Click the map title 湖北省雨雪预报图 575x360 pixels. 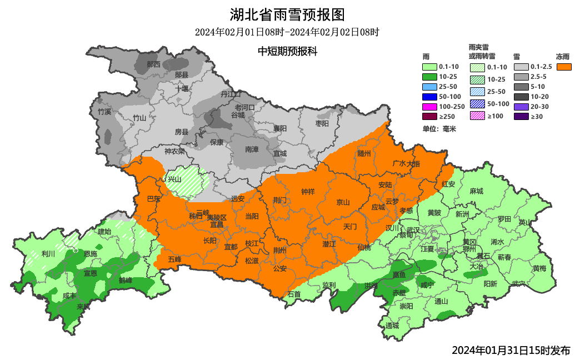pyautogui.click(x=287, y=14)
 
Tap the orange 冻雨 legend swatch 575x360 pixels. pyautogui.click(x=564, y=67)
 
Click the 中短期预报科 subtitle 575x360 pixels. pyautogui.click(x=287, y=51)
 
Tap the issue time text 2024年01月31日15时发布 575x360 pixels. pyautogui.click(x=511, y=350)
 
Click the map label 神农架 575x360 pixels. pyautogui.click(x=174, y=151)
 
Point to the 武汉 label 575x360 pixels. pyautogui.click(x=413, y=229)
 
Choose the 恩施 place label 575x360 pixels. pyautogui.click(x=91, y=253)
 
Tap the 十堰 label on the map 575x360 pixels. pyautogui.click(x=182, y=88)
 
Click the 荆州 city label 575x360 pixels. pyautogui.click(x=279, y=251)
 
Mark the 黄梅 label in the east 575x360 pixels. pyautogui.click(x=539, y=268)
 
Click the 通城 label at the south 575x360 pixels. pyautogui.click(x=392, y=326)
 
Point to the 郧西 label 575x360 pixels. pyautogui.click(x=153, y=64)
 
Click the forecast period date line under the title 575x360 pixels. pyautogui.click(x=287, y=32)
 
